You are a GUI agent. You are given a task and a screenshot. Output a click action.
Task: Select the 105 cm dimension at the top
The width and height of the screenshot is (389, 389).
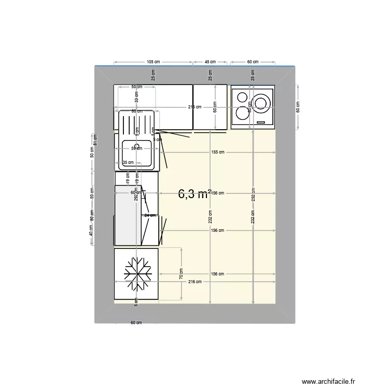point(154,61)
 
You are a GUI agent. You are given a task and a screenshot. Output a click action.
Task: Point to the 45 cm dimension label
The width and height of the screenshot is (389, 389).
point(210,61)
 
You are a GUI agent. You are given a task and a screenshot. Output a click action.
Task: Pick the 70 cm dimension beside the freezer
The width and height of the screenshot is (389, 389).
point(182,273)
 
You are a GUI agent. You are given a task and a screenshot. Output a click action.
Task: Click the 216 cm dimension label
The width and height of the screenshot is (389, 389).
point(195,282)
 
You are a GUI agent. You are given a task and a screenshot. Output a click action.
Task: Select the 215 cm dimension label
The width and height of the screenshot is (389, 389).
point(195,107)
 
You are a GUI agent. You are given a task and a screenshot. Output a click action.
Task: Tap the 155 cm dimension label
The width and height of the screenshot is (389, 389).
point(218,152)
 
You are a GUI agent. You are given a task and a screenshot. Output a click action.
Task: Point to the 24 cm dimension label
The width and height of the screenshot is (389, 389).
point(150,215)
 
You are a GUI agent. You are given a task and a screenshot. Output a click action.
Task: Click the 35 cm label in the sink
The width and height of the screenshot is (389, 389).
point(128,162)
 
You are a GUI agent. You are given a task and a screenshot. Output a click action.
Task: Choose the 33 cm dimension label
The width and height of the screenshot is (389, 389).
point(137,95)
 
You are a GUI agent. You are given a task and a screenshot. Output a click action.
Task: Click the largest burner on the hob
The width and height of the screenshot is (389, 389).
point(262,101)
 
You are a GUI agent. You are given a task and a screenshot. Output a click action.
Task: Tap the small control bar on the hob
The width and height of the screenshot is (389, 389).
point(262,122)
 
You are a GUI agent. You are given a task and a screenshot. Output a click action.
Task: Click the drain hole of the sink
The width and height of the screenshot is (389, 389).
point(137,146)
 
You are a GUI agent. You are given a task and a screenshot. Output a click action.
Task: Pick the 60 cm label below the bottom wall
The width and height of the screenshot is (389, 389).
point(136,323)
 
